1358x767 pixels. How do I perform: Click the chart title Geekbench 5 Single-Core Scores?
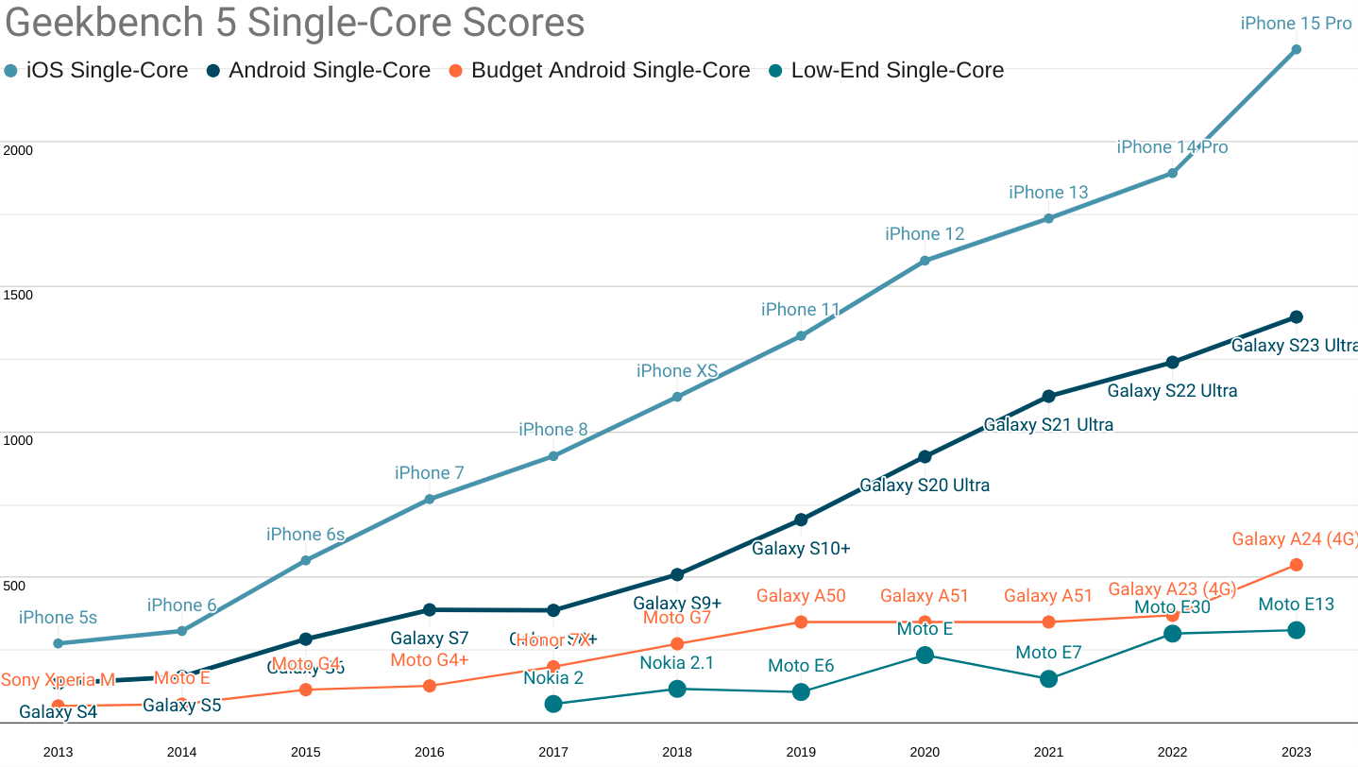click(x=295, y=24)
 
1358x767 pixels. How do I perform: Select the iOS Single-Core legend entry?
click(x=96, y=70)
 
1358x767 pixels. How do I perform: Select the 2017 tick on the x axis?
click(x=553, y=752)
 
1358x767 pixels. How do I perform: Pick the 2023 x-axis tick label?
click(x=1297, y=752)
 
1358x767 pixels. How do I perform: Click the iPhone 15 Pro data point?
click(x=1296, y=49)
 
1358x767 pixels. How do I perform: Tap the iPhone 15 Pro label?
click(x=1296, y=24)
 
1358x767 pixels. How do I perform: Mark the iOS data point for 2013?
click(x=58, y=643)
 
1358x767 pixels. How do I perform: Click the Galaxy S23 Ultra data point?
click(x=1297, y=317)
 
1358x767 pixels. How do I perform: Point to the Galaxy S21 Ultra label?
click(x=1048, y=425)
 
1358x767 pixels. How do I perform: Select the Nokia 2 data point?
click(x=553, y=704)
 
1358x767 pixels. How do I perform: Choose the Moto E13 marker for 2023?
click(x=1297, y=630)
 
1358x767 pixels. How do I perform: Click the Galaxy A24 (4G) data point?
click(x=1297, y=565)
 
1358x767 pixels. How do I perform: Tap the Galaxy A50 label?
click(x=801, y=596)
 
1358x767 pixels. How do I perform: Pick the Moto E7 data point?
click(x=1048, y=679)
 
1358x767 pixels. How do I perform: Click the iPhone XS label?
click(x=677, y=371)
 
